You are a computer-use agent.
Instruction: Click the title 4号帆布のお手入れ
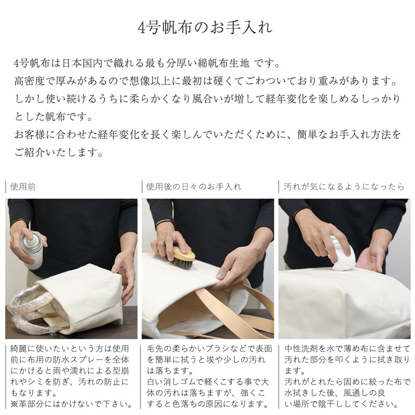click(x=207, y=27)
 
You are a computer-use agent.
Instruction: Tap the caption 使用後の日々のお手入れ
click(x=193, y=186)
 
